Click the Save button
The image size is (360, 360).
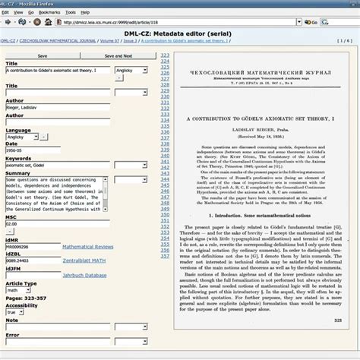[x=42, y=55]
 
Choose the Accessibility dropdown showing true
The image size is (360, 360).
[x=15, y=312]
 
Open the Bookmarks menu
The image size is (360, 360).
[x=49, y=13]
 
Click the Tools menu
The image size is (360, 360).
[x=71, y=13]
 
